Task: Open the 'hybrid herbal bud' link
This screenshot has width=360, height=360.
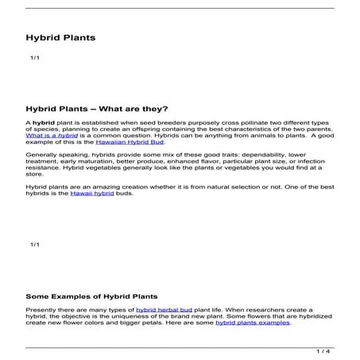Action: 163,309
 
